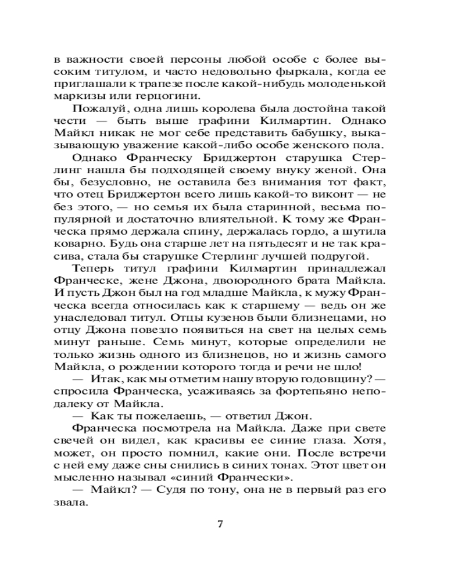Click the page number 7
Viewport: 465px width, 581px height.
[x=220, y=524]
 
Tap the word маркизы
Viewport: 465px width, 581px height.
[x=74, y=96]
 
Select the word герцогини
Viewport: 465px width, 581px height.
[x=135, y=96]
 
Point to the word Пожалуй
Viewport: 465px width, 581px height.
[x=93, y=109]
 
